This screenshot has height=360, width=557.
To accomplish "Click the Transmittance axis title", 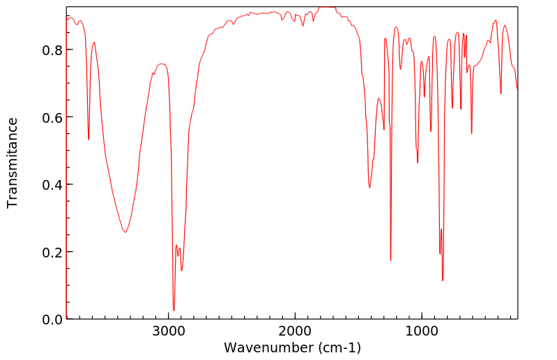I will point(13,163).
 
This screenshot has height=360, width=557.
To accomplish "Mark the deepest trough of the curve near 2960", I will point(174,310).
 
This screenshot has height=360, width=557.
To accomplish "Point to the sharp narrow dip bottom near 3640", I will point(89,139).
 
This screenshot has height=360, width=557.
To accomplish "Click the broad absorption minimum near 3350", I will point(125,232).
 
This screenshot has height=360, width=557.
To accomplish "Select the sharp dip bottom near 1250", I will point(390,260).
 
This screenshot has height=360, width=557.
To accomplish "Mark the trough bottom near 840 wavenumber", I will point(443,280).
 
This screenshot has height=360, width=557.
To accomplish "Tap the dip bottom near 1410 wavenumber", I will point(369,187).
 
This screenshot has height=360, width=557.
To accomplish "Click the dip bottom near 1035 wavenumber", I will point(418,163).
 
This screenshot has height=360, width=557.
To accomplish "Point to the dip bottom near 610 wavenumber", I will point(472,133).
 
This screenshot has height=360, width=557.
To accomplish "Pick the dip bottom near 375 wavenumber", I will point(501,93).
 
